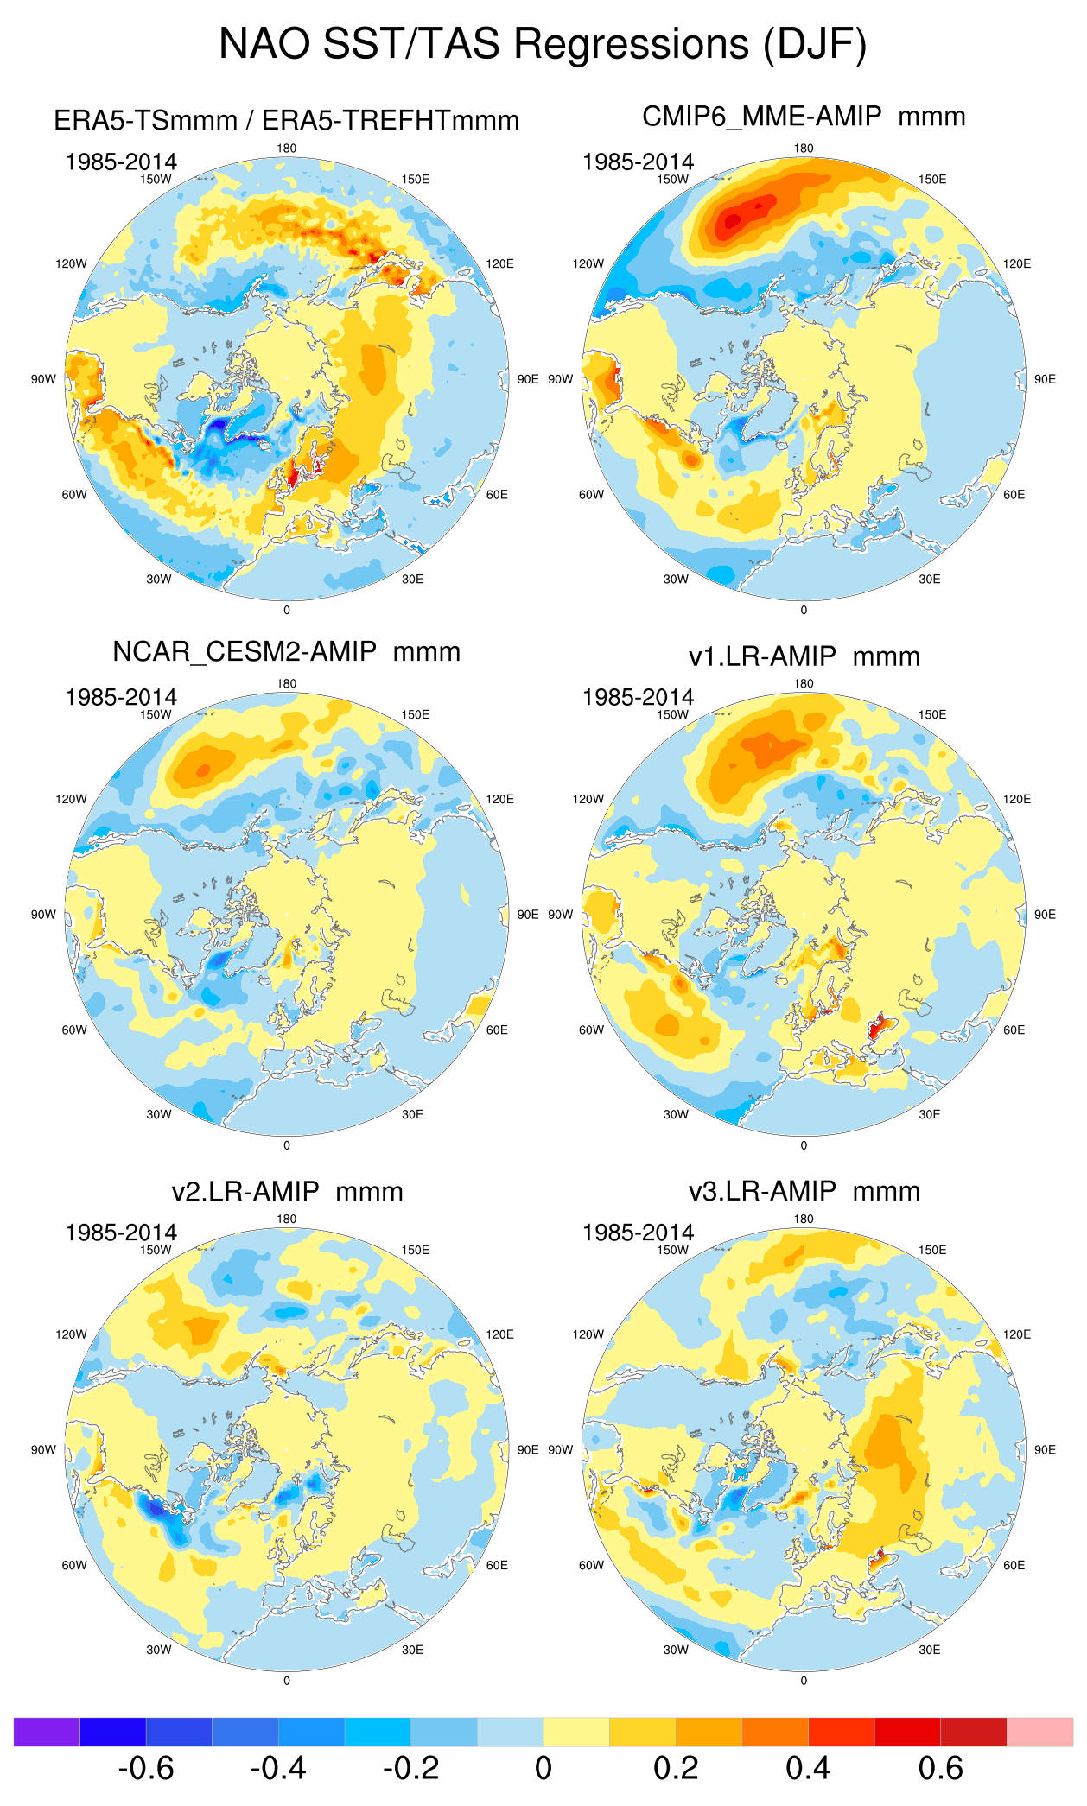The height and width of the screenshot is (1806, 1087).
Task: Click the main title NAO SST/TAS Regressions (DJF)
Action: point(543,43)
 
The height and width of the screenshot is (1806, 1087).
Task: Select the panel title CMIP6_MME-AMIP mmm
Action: point(804,116)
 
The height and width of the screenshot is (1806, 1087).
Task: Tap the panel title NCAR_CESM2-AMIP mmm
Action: point(286,651)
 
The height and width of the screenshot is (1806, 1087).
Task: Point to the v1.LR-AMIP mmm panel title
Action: point(804,656)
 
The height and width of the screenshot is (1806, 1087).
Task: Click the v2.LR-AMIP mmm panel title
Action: point(287,1192)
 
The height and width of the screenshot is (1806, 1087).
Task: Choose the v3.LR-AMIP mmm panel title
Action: point(804,1192)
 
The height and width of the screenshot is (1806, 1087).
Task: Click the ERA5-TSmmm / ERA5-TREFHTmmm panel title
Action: point(286,120)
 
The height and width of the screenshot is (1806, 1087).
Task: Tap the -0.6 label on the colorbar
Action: point(146,1769)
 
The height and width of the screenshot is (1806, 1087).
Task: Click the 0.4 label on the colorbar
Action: point(808,1769)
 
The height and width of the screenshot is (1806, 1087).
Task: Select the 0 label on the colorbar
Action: point(543,1769)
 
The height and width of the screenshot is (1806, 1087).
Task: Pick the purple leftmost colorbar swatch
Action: point(47,1732)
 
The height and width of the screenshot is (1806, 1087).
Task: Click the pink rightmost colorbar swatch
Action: point(1039,1732)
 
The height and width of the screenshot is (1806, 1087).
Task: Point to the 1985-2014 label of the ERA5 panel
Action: point(121,162)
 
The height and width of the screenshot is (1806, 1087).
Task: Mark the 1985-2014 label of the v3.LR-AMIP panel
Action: point(638,1233)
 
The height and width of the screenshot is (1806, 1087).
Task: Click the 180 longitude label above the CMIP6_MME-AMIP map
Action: point(804,149)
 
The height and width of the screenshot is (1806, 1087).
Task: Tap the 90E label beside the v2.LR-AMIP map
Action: point(528,1450)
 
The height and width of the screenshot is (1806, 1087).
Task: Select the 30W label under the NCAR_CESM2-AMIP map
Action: point(159,1114)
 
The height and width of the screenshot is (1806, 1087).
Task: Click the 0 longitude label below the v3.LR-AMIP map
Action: point(804,1681)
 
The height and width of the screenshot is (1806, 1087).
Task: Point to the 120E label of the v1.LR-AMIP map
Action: point(1017,799)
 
